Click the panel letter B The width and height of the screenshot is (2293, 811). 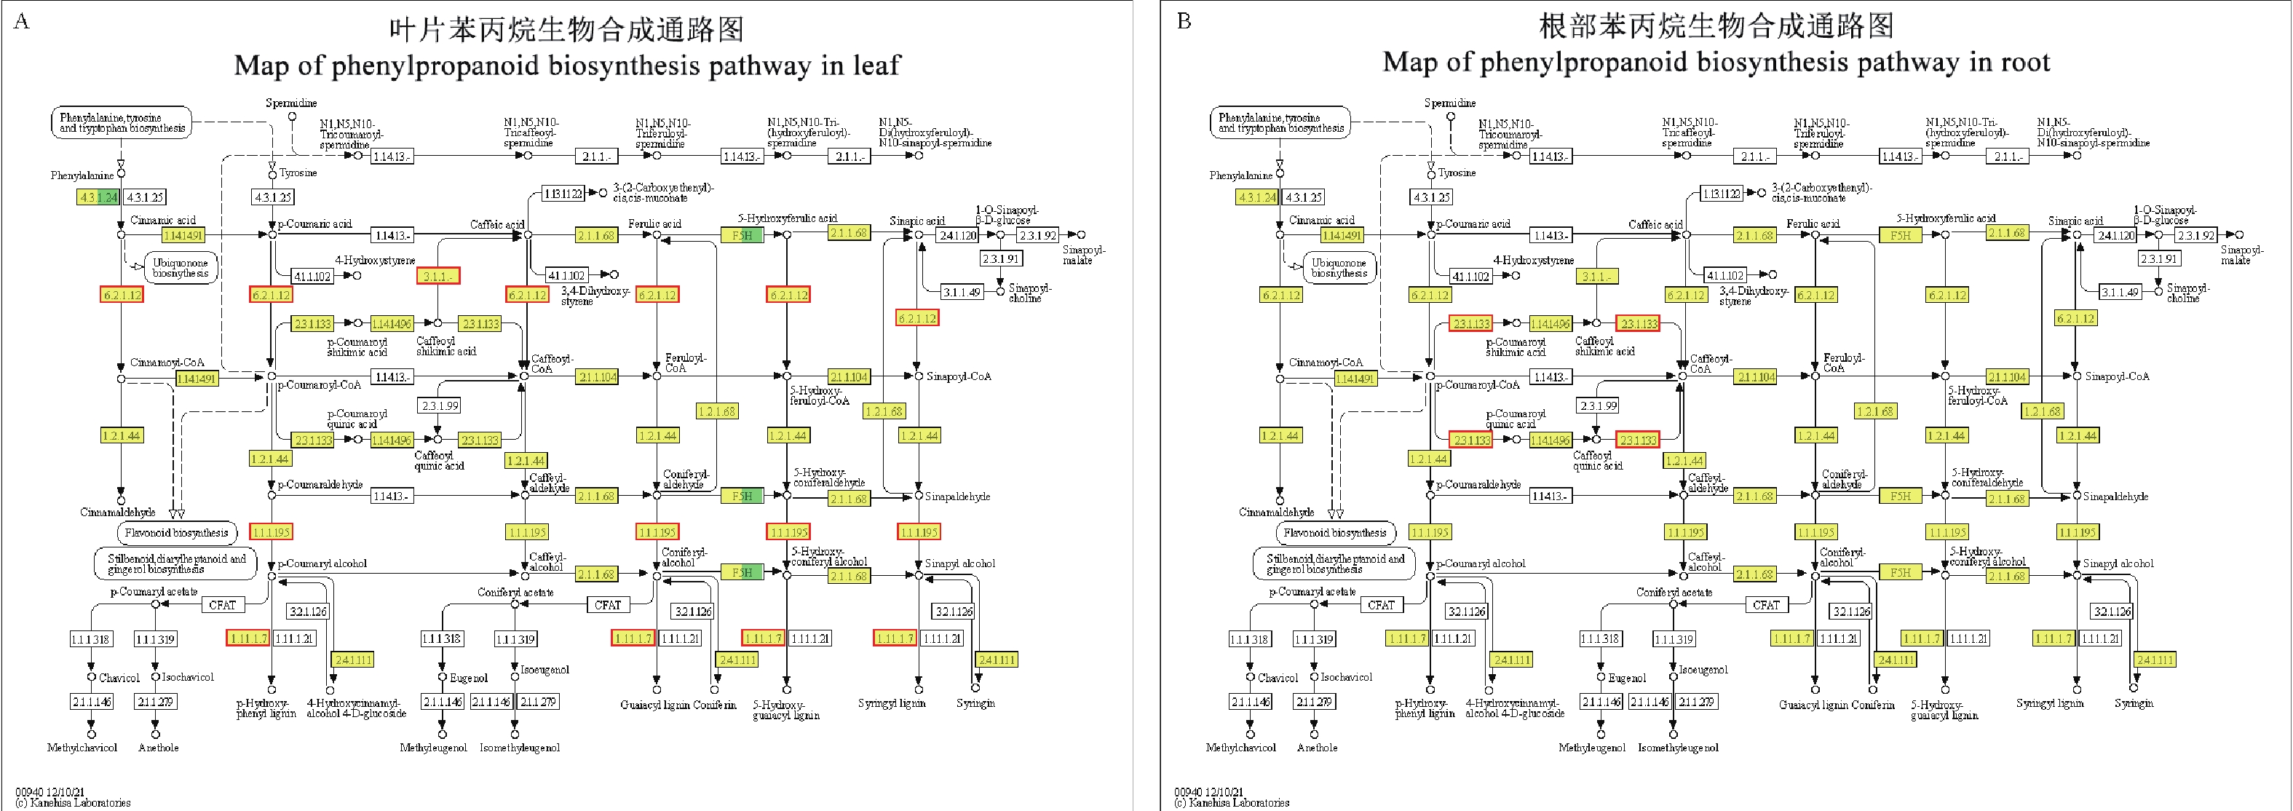(1184, 20)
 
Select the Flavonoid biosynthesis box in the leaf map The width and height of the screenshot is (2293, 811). (176, 533)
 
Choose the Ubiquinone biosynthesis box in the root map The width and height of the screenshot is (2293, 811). (1339, 268)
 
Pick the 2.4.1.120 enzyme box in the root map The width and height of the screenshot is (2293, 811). (2115, 235)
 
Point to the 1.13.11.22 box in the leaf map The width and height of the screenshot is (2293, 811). (563, 193)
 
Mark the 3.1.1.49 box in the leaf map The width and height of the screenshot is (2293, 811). (962, 292)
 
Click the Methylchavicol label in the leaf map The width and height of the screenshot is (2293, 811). (82, 748)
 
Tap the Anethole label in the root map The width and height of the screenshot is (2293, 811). (1317, 748)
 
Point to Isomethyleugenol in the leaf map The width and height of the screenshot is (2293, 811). (520, 748)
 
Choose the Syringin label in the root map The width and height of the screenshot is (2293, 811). (2134, 703)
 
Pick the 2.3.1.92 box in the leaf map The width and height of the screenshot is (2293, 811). (1038, 235)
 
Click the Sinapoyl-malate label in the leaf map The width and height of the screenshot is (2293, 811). (1083, 255)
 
